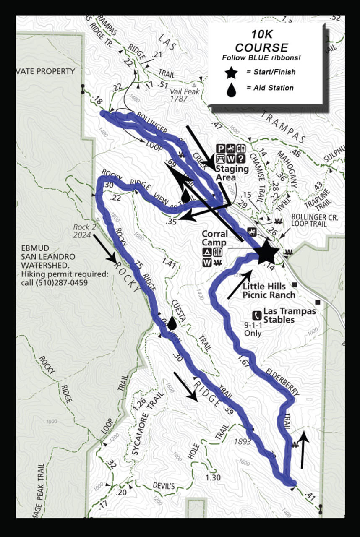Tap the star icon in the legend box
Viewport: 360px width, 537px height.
click(231, 73)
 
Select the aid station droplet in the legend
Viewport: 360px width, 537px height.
click(231, 89)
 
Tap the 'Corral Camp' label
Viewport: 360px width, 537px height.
click(214, 238)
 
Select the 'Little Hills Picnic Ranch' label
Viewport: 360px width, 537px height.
click(269, 290)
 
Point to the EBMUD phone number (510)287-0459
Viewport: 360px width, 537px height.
click(65, 282)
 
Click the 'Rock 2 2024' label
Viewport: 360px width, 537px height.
click(82, 231)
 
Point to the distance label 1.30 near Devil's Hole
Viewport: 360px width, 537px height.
click(213, 477)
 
